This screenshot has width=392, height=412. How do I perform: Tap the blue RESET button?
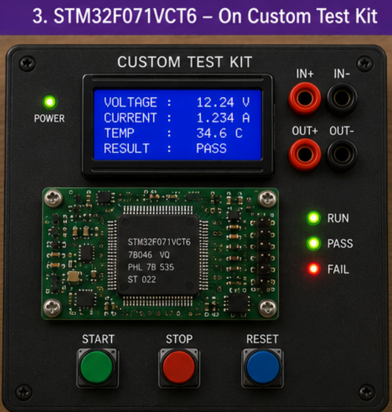pyautogui.click(x=263, y=368)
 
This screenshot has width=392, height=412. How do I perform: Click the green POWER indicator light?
pyautogui.click(x=49, y=102)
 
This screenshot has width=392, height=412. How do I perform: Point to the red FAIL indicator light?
pyautogui.click(x=313, y=269)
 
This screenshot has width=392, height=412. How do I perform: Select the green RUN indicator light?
pyautogui.click(x=314, y=218)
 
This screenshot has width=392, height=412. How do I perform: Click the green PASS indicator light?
pyautogui.click(x=314, y=243)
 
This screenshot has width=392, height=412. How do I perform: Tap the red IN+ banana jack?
pyautogui.click(x=304, y=98)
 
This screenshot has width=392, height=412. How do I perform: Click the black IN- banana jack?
pyautogui.click(x=342, y=98)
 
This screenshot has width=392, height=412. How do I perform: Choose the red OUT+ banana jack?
pyautogui.click(x=304, y=155)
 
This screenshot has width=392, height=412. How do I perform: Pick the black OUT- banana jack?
pyautogui.click(x=342, y=155)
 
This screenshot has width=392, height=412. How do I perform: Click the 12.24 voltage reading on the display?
pyautogui.click(x=215, y=102)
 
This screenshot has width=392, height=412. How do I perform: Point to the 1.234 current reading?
pyautogui.click(x=215, y=118)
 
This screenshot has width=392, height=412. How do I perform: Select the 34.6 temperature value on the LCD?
pyautogui.click(x=211, y=133)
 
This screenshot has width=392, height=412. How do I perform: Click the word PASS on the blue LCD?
pyautogui.click(x=211, y=148)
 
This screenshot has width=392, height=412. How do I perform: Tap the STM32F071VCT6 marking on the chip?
pyautogui.click(x=159, y=242)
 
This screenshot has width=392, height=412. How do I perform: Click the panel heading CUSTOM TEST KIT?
pyautogui.click(x=184, y=62)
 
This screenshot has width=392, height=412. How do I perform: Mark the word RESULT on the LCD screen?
pyautogui.click(x=126, y=148)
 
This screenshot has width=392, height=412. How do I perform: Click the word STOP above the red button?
pyautogui.click(x=179, y=339)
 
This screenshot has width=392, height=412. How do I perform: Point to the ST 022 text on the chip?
pyautogui.click(x=142, y=279)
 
